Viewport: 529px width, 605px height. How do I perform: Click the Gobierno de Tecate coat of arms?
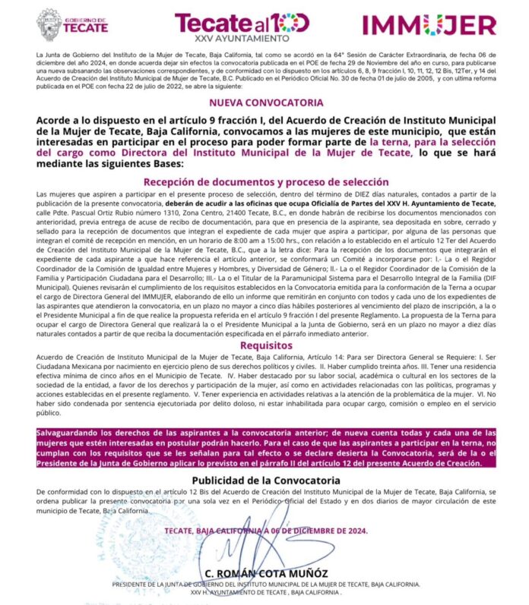coord(49,24)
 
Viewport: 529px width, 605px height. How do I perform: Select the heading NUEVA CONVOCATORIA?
coord(264,102)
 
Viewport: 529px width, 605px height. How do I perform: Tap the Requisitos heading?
coord(264,345)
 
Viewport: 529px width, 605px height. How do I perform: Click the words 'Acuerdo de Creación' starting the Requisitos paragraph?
coord(69,358)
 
